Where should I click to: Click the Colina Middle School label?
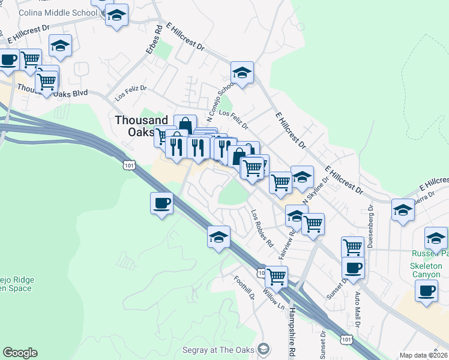coord(58,13)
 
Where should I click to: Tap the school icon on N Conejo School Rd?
coord(242,73)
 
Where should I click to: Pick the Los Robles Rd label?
coord(262,229)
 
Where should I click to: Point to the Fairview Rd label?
coord(287,242)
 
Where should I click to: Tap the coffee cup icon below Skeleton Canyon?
coord(427,291)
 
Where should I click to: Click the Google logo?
coord(20,353)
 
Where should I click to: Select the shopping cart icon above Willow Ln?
coord(276,277)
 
